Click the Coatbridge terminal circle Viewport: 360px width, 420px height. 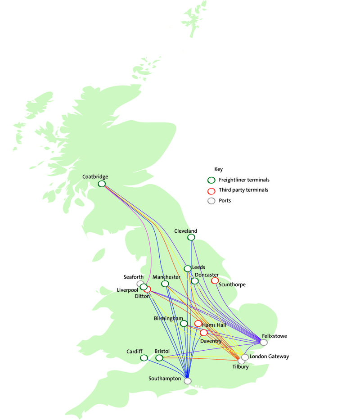(x=102, y=184)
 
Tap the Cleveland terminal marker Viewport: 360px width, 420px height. (x=191, y=237)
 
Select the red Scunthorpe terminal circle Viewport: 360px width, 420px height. (x=215, y=280)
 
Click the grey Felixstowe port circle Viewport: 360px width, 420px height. (x=264, y=343)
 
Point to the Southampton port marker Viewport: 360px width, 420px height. (x=188, y=381)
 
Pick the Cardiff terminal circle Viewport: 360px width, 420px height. (x=144, y=358)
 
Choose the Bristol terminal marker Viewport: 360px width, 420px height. (x=159, y=358)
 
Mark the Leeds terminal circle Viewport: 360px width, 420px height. (x=188, y=269)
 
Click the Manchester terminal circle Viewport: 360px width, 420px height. (x=165, y=284)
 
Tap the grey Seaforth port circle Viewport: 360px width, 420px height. (x=140, y=284)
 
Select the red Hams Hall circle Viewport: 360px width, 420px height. (x=198, y=323)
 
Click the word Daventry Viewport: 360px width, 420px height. (x=211, y=341)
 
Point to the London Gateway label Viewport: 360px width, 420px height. (x=269, y=357)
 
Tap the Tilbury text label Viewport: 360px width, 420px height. (x=240, y=367)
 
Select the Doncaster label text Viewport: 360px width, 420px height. (x=207, y=275)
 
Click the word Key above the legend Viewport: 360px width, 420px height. (x=218, y=170)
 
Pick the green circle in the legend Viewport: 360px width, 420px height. (x=211, y=180)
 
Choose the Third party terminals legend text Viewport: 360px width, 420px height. (x=243, y=190)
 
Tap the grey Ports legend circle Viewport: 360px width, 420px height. (x=211, y=201)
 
